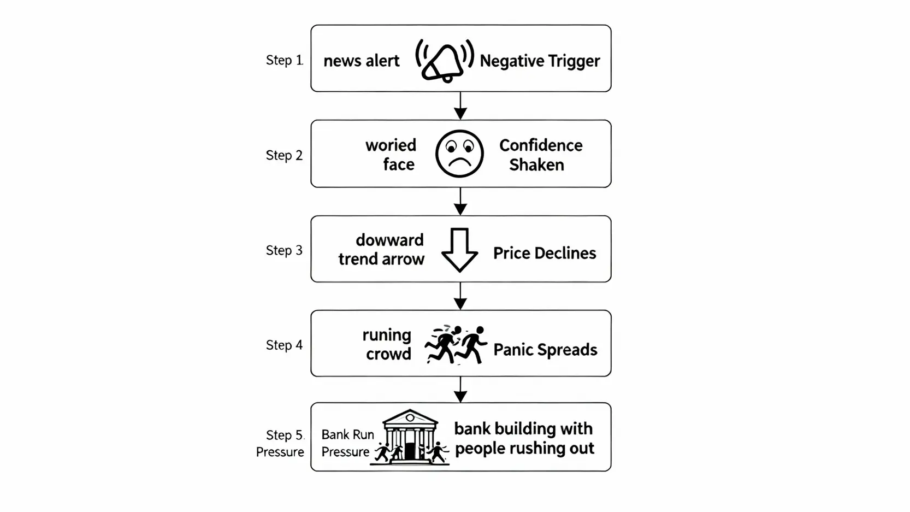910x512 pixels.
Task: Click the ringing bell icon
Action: pyautogui.click(x=445, y=61)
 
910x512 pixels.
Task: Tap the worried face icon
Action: pyautogui.click(x=459, y=154)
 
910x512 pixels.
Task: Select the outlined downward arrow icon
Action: pyautogui.click(x=459, y=250)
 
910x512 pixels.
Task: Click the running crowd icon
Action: pyautogui.click(x=456, y=344)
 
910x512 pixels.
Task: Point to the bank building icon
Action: pyautogui.click(x=410, y=437)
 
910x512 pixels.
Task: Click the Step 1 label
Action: pyautogui.click(x=284, y=60)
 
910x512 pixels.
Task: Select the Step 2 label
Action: pyautogui.click(x=284, y=155)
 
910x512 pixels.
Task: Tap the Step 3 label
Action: pyautogui.click(x=284, y=250)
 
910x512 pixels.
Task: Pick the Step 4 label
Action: pyautogui.click(x=284, y=345)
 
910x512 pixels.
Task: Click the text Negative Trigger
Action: pyautogui.click(x=540, y=61)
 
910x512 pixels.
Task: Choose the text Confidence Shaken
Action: pyautogui.click(x=540, y=155)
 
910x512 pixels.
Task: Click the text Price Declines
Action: pyautogui.click(x=545, y=253)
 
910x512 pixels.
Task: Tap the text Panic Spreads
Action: pyautogui.click(x=545, y=350)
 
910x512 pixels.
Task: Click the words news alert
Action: pyautogui.click(x=362, y=61)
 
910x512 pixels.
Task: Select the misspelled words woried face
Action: pyautogui.click(x=391, y=155)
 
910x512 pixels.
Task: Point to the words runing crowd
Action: pyautogui.click(x=387, y=344)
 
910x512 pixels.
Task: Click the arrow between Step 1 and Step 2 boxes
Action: pyautogui.click(x=460, y=106)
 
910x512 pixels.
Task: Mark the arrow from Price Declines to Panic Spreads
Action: pyautogui.click(x=460, y=296)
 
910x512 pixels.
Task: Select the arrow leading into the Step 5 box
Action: pyautogui.click(x=460, y=390)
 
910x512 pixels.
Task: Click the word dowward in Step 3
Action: pyautogui.click(x=389, y=240)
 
